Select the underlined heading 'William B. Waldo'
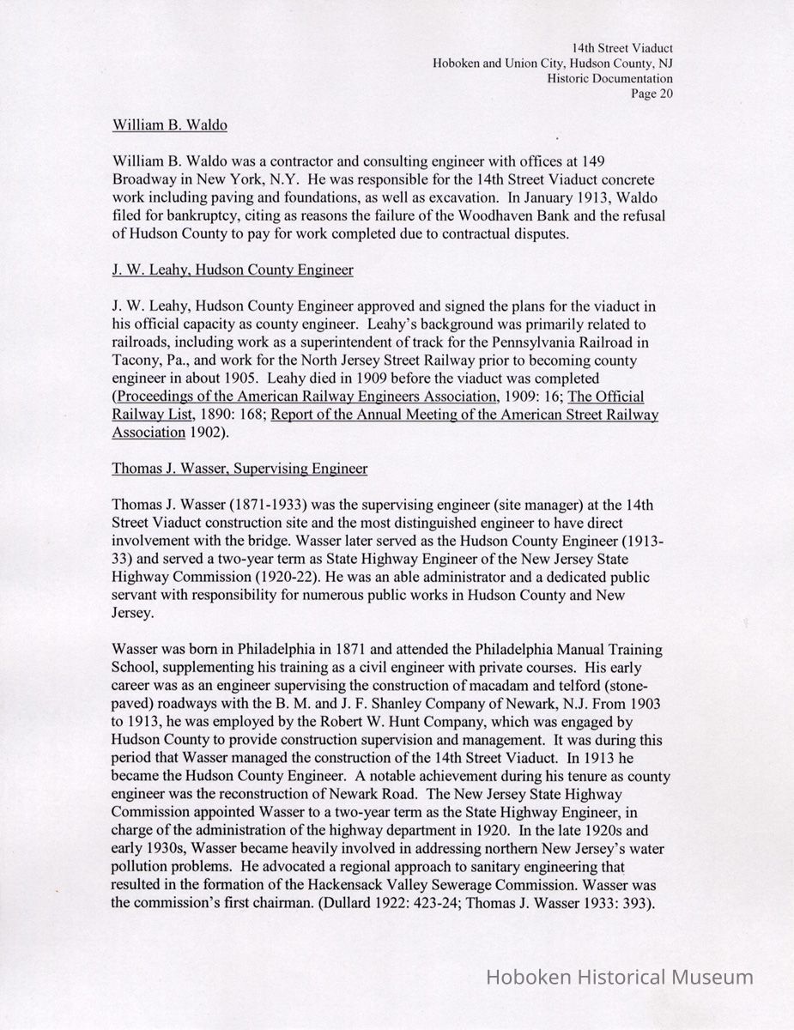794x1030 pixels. (x=170, y=125)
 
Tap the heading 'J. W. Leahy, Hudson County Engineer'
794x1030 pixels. (x=233, y=270)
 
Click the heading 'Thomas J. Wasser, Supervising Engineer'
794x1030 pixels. (x=239, y=469)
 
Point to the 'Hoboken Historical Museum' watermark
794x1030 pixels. (x=620, y=977)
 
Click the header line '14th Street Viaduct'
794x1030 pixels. (x=621, y=48)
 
